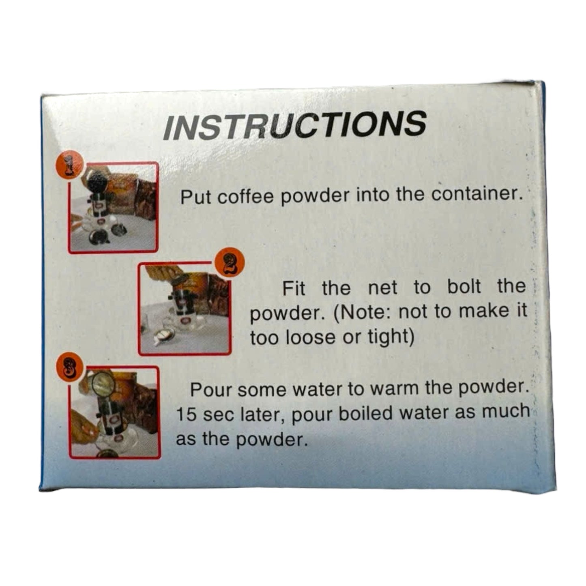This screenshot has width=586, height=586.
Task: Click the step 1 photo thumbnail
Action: point(113,208)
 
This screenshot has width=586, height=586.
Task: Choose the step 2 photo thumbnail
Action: point(184,308)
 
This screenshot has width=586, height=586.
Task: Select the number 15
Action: point(186,414)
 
